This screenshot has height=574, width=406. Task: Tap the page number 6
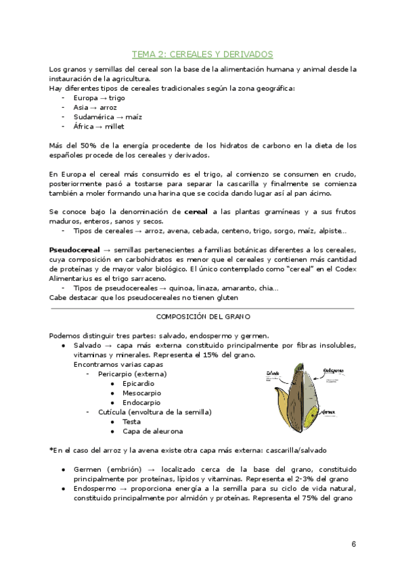point(354,544)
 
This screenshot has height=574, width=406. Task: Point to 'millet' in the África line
point(114,126)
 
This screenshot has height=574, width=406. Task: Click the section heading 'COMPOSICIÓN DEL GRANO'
point(202,316)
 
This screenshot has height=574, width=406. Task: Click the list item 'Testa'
point(132,421)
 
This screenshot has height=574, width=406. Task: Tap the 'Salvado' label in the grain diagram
point(273,372)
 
